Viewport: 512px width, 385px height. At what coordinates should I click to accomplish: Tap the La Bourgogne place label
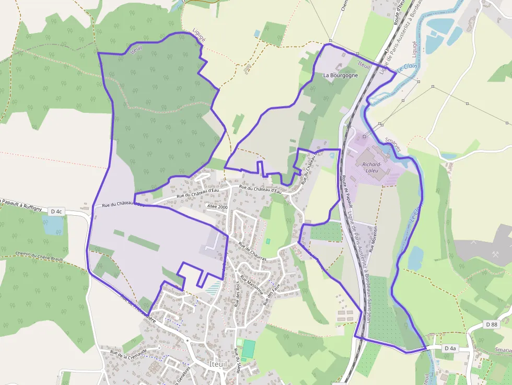click(341, 75)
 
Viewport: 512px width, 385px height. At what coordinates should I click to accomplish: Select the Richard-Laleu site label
click(372, 168)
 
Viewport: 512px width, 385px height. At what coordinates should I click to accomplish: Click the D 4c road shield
click(56, 212)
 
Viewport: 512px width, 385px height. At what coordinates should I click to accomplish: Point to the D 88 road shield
click(491, 324)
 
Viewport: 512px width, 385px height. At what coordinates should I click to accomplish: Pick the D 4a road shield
click(450, 348)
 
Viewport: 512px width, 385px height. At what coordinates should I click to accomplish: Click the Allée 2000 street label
click(217, 207)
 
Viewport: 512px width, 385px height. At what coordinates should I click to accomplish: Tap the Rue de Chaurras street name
click(253, 251)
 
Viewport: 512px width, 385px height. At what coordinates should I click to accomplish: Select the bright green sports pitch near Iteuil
click(249, 348)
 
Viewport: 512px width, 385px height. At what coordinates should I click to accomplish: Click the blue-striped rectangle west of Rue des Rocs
click(213, 287)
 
